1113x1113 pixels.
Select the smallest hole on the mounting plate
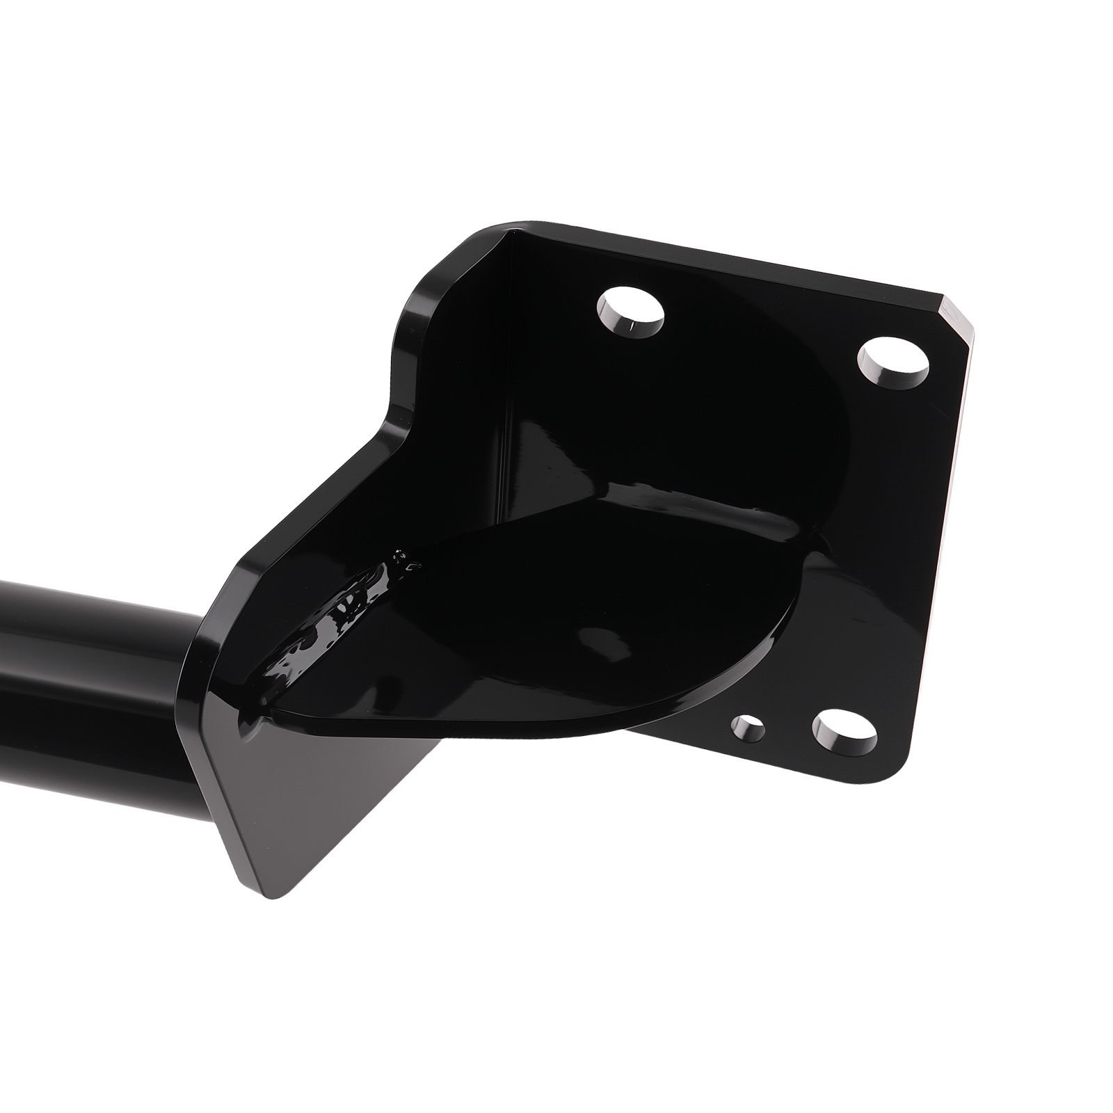[x=748, y=730]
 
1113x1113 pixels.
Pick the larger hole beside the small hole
[x=844, y=730]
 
